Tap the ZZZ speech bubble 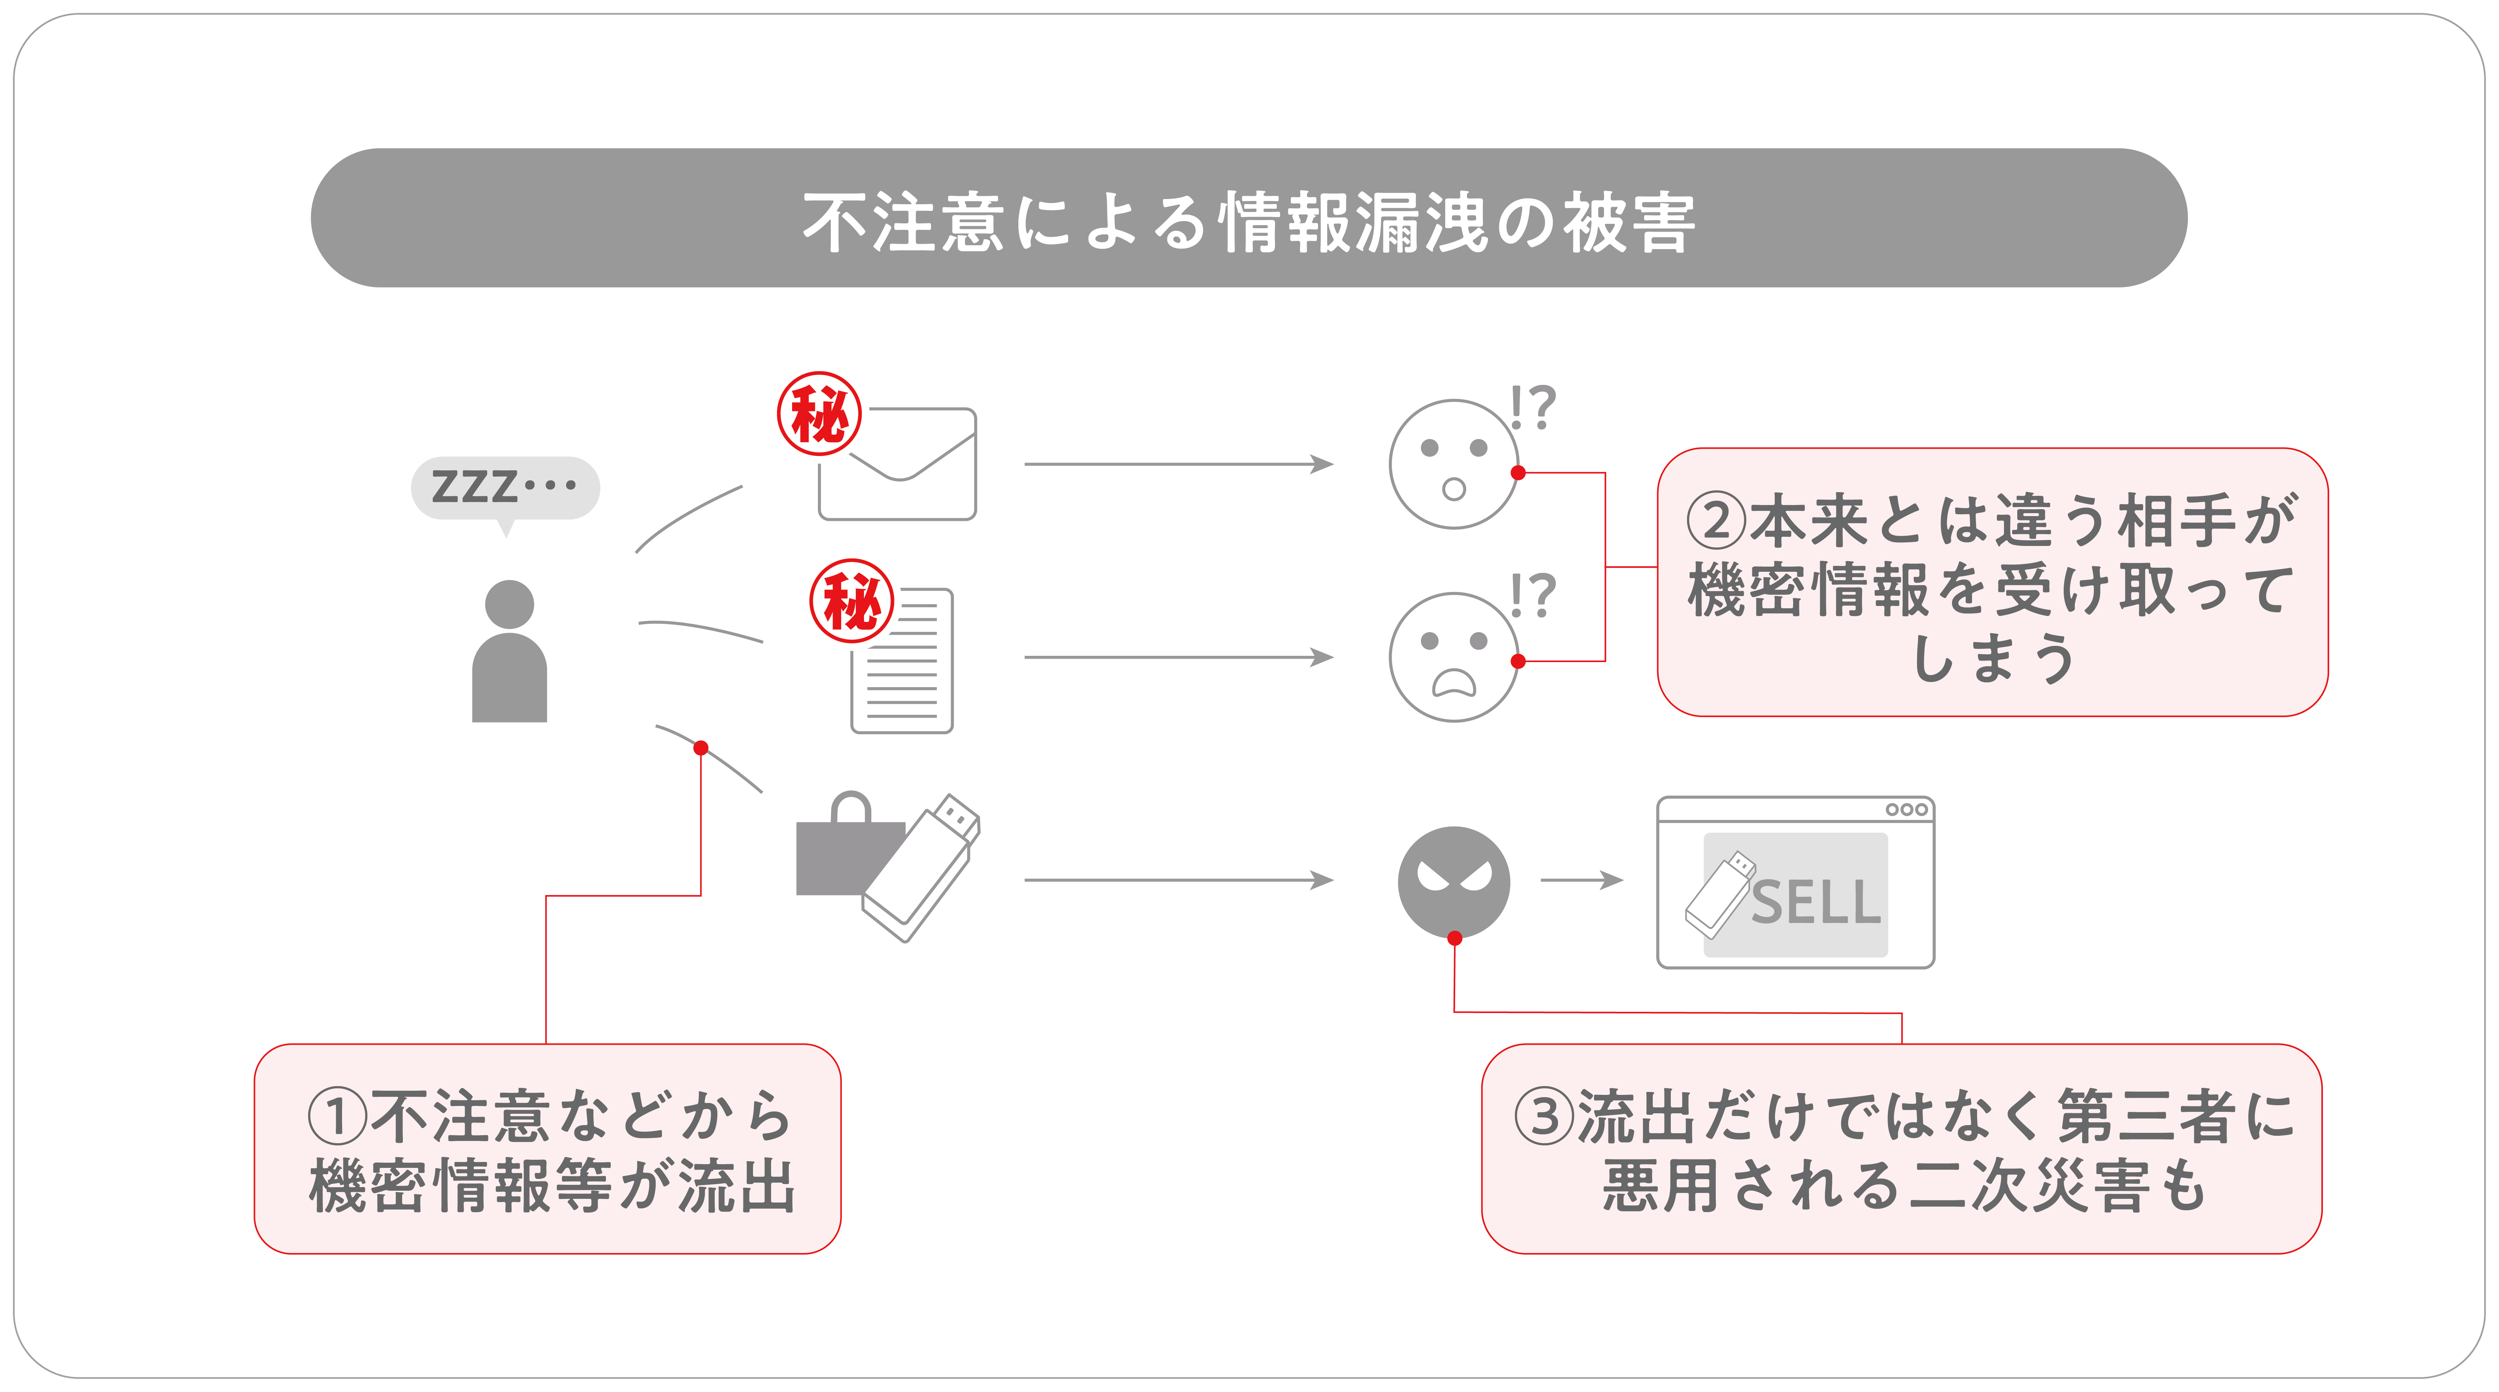tap(505, 487)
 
